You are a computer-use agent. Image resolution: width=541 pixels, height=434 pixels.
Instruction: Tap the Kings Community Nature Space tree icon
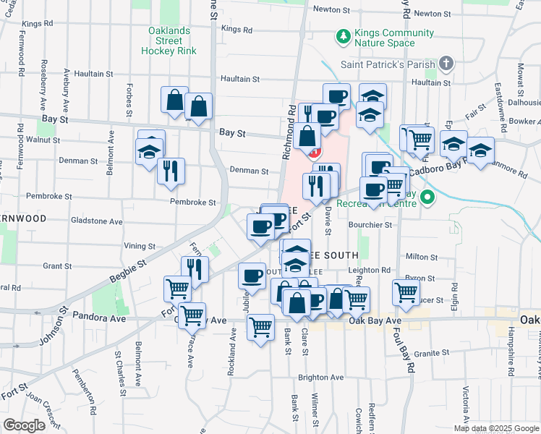pyautogui.click(x=344, y=35)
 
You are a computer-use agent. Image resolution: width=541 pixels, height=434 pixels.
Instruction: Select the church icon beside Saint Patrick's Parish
pyautogui.click(x=446, y=63)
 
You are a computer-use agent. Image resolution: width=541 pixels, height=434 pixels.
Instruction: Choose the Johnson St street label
pyautogui.click(x=54, y=322)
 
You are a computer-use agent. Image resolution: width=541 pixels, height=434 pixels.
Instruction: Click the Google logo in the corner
pyautogui.click(x=24, y=425)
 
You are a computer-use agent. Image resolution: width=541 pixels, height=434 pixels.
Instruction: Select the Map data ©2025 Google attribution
pyautogui.click(x=495, y=428)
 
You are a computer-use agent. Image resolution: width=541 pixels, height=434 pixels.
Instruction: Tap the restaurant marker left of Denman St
pyautogui.click(x=171, y=171)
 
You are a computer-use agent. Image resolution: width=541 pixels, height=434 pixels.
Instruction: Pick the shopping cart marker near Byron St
pyautogui.click(x=406, y=292)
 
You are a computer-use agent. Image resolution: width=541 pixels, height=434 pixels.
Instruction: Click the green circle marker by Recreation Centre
pyautogui.click(x=428, y=197)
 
